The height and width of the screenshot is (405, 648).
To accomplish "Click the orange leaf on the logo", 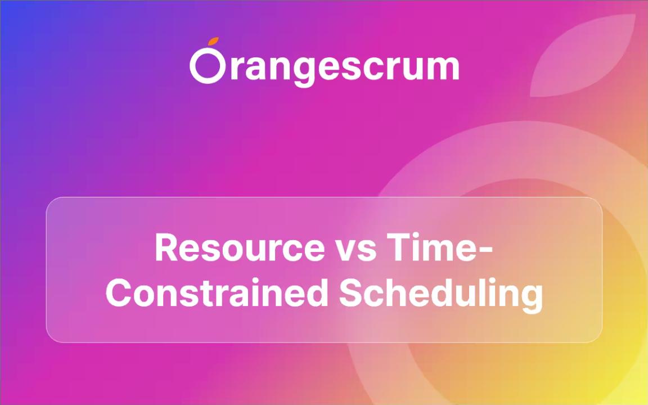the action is pos(213,41).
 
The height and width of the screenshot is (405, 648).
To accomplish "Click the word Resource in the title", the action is pos(240,249).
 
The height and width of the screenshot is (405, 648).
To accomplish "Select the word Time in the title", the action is pos(433,248).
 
